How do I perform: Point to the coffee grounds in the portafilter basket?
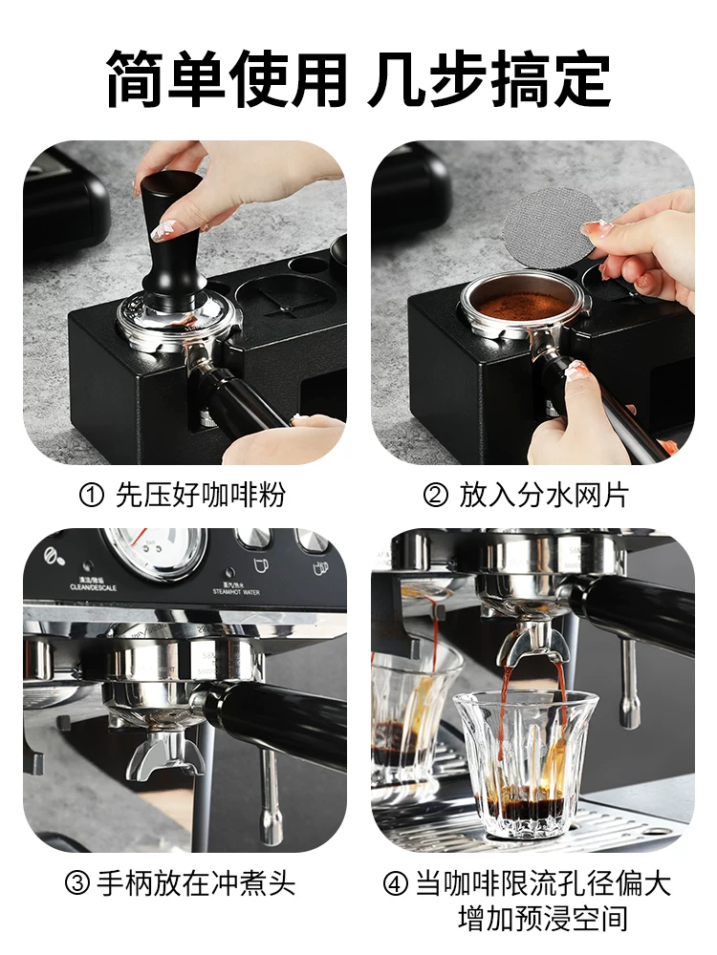(x=522, y=305)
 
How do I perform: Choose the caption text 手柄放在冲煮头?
(x=196, y=884)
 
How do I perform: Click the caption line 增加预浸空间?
(x=543, y=920)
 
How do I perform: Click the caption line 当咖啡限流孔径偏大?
(x=543, y=884)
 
